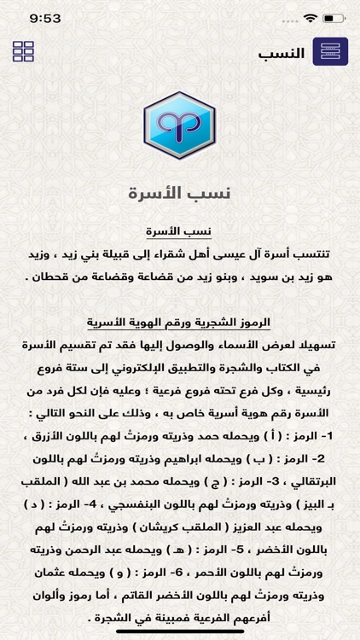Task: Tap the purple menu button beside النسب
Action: [330, 52]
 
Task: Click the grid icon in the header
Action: [24, 51]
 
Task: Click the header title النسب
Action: [282, 53]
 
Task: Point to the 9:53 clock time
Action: [42, 18]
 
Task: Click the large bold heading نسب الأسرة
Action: [180, 193]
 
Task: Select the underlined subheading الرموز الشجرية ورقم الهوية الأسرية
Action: [180, 323]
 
